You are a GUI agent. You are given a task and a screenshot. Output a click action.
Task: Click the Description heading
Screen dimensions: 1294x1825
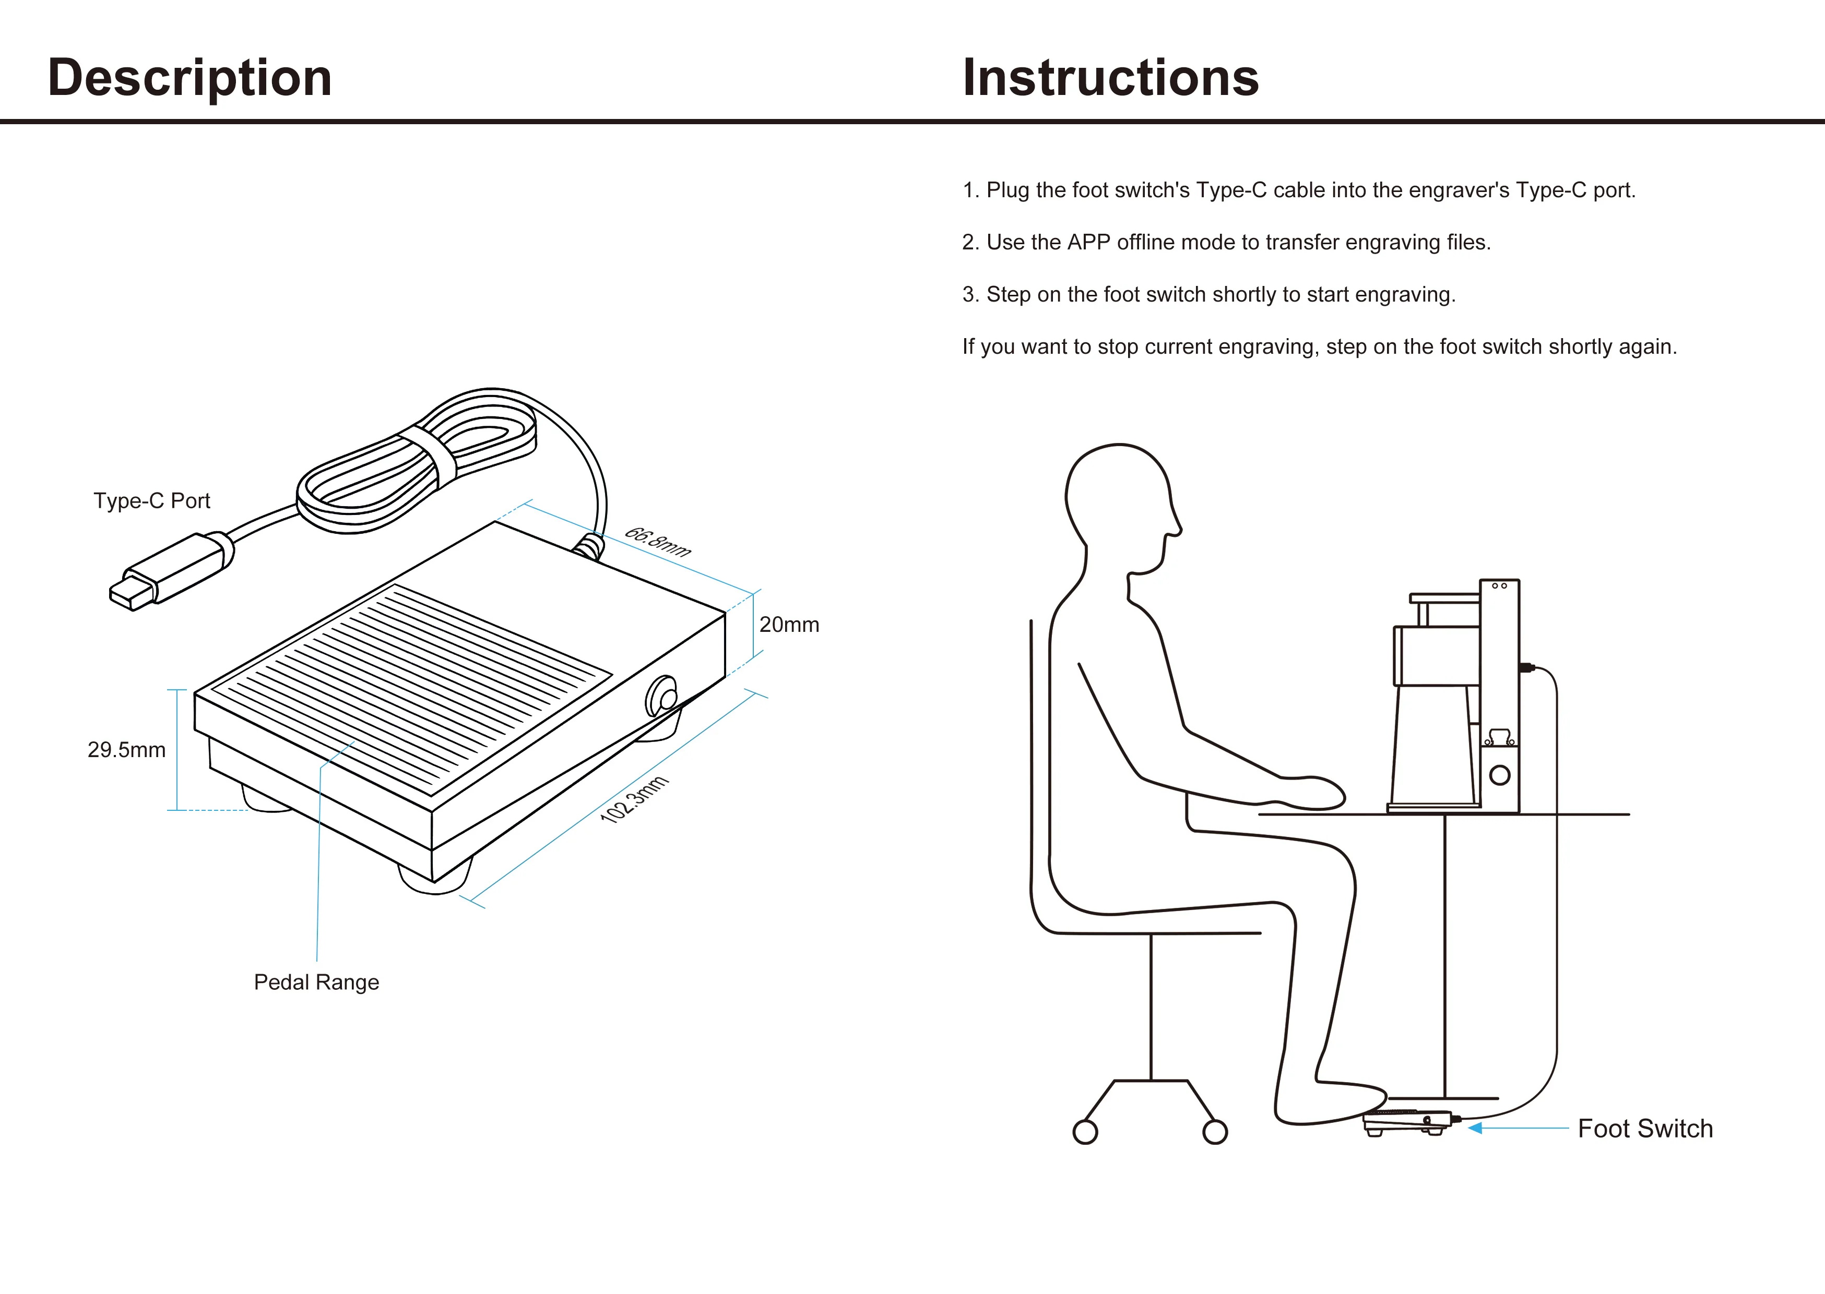point(189,78)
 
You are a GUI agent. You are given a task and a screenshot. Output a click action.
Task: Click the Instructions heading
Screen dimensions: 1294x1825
point(1110,78)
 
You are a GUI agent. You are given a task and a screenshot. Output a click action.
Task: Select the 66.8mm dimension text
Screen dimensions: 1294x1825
point(657,542)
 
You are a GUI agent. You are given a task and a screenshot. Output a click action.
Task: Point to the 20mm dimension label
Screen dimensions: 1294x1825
point(788,625)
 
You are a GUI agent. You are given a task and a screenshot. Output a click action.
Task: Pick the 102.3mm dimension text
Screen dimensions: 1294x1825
point(634,799)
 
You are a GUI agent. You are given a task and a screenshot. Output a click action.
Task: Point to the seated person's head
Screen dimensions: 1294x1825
point(1120,502)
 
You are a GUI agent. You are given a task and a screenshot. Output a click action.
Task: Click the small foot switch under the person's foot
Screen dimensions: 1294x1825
point(1407,1121)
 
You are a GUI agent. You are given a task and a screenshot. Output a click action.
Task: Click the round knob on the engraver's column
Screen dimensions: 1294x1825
point(1499,774)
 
